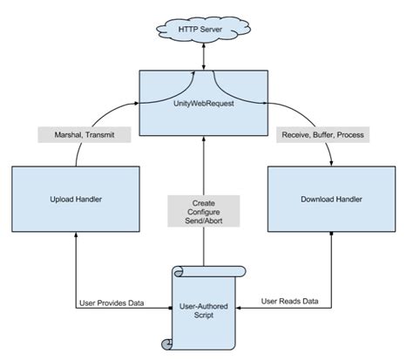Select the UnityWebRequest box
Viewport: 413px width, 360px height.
coord(203,103)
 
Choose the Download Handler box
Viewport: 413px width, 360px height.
coord(331,200)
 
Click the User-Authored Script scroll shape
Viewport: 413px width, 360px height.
coord(203,307)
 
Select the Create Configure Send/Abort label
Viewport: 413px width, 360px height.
coord(203,213)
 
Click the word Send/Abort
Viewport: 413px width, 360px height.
coord(203,224)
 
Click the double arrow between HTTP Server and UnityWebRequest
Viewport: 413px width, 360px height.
coord(203,58)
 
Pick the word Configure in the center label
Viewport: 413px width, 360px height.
coord(203,213)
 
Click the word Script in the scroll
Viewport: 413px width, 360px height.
coord(203,315)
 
